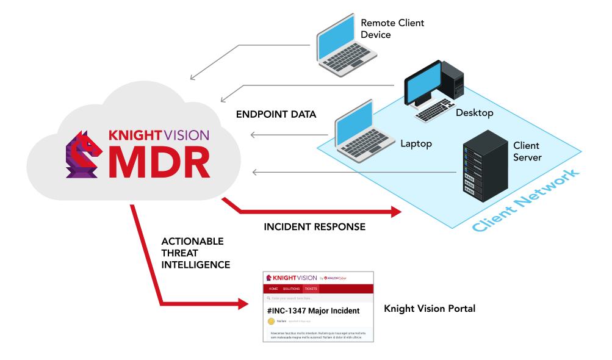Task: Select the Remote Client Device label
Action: click(392, 29)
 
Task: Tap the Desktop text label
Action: click(474, 113)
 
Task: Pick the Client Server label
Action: click(527, 152)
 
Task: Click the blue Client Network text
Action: click(526, 202)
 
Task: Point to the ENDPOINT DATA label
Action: click(276, 114)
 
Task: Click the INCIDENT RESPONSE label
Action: click(314, 227)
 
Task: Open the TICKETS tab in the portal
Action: click(311, 288)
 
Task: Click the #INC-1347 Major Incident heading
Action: click(313, 311)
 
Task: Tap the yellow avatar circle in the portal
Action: click(271, 321)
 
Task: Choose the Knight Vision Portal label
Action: click(430, 309)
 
